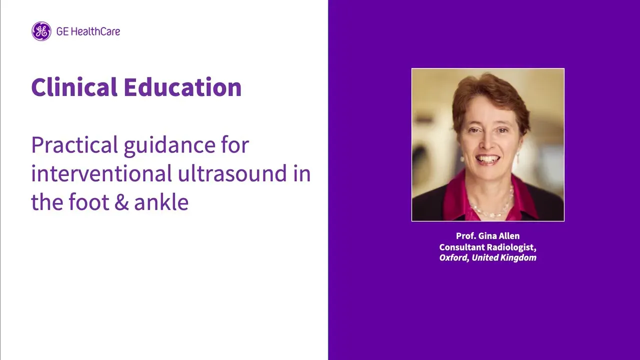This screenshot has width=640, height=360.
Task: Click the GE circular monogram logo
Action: point(41,31)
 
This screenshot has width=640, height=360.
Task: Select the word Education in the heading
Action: point(182,87)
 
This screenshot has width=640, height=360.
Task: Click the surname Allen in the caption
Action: point(509,236)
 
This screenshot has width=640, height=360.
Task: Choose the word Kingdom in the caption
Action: point(518,258)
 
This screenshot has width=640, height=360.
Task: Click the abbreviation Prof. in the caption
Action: point(465,236)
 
